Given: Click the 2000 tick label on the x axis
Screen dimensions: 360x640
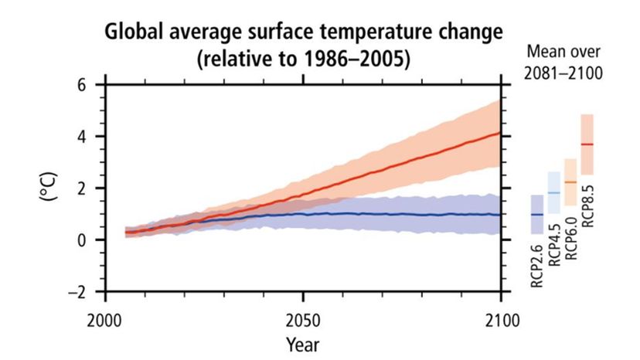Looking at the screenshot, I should [x=105, y=318].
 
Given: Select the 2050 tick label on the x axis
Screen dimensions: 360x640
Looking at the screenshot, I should [x=304, y=318].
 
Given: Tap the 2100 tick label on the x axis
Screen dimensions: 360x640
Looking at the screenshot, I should [x=502, y=318].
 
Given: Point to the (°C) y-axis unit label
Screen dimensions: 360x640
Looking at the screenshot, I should [x=48, y=188].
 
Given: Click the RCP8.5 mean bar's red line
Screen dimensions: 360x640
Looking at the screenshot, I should [x=587, y=144].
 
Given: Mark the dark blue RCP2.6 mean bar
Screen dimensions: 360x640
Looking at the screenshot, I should [x=537, y=214].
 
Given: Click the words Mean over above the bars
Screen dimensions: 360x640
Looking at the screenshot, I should [x=563, y=52].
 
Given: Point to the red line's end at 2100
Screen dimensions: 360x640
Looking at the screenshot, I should [x=501, y=133].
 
